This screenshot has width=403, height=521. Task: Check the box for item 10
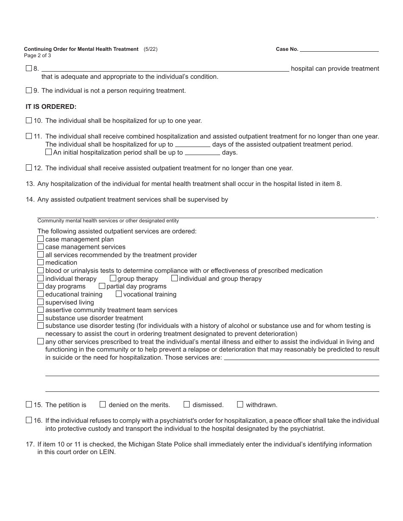pyautogui.click(x=29, y=120)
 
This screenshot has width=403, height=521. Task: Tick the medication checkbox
pyautogui.click(x=41, y=262)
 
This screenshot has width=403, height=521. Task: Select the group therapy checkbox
pyautogui.click(x=113, y=278)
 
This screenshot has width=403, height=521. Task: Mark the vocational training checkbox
pyautogui.click(x=119, y=294)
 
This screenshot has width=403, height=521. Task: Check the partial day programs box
pyautogui.click(x=102, y=286)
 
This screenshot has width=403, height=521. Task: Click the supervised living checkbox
pyautogui.click(x=41, y=302)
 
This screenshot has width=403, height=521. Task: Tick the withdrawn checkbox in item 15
pyautogui.click(x=240, y=404)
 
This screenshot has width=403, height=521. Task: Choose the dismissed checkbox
pyautogui.click(x=187, y=404)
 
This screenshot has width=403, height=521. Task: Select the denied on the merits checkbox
pyautogui.click(x=103, y=404)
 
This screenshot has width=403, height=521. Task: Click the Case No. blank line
pyautogui.click(x=339, y=49)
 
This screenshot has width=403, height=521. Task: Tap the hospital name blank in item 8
pyautogui.click(x=165, y=68)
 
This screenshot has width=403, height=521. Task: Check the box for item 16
pyautogui.click(x=29, y=420)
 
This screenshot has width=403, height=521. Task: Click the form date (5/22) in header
pyautogui.click(x=151, y=49)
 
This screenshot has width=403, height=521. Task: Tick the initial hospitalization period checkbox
pyautogui.click(x=48, y=152)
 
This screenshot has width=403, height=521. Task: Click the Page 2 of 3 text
pyautogui.click(x=37, y=55)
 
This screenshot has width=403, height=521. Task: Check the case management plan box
pyautogui.click(x=41, y=239)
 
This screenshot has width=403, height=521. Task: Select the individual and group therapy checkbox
pyautogui.click(x=174, y=278)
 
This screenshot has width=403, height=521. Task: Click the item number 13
pyautogui.click(x=30, y=184)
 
